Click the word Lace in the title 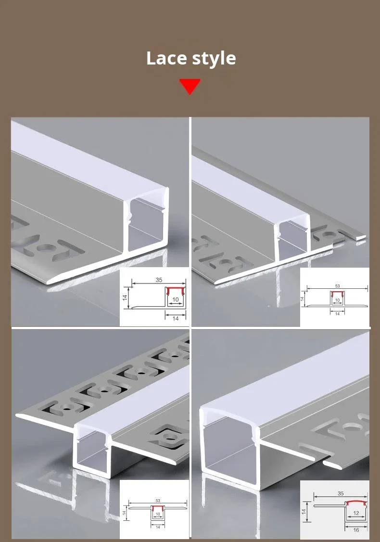pyautogui.click(x=166, y=58)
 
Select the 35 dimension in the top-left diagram pyautogui.click(x=159, y=279)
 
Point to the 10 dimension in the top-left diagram pyautogui.click(x=176, y=300)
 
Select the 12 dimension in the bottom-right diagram pyautogui.click(x=356, y=513)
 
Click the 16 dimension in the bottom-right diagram pyautogui.click(x=356, y=529)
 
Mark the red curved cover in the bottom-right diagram pyautogui.click(x=356, y=503)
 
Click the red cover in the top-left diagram pyautogui.click(x=176, y=290)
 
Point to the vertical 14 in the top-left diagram pyautogui.click(x=124, y=298)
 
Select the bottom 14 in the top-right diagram pyautogui.click(x=337, y=313)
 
